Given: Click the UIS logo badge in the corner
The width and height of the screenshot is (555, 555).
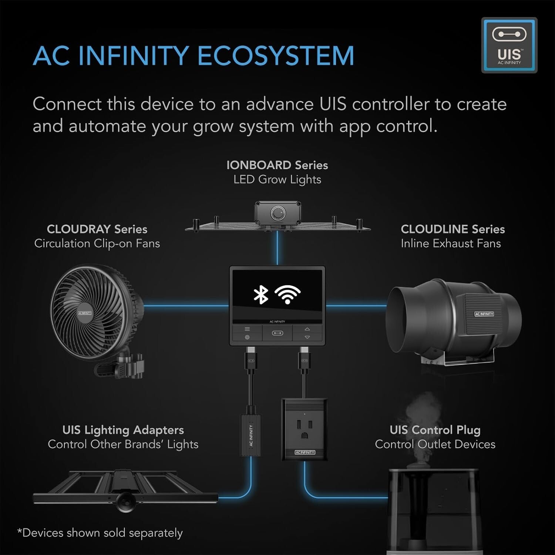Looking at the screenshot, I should pos(509,45).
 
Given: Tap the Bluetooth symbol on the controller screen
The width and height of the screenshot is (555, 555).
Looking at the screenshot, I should pos(260,294).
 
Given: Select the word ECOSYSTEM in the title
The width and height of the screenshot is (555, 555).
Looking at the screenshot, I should pos(276,56).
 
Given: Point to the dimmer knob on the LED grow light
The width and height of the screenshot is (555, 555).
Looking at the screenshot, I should pos(277,213).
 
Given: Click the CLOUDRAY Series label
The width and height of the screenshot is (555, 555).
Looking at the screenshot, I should pos(97,229).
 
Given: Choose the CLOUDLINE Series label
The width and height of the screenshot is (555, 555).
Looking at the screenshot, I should pos(453,229).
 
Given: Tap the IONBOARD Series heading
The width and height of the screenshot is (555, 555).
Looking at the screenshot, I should pos(277,165).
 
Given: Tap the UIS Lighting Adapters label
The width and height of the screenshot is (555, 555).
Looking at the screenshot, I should pos(123,430).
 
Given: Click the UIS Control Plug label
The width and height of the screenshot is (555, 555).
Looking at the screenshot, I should pos(435,430).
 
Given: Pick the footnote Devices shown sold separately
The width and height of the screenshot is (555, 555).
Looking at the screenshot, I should pos(100,533).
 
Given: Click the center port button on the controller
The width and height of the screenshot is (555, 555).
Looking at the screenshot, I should pos(277,333).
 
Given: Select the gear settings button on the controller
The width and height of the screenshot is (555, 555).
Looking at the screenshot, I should pos(247,337).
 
